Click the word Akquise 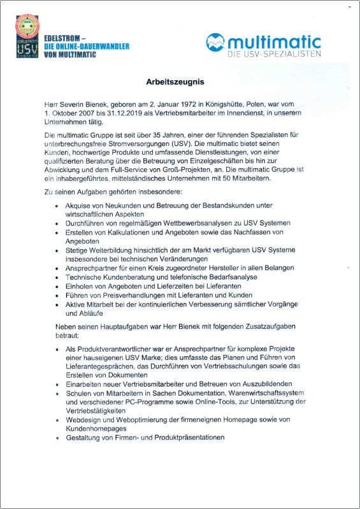point(78,206)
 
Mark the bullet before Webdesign point(57,420)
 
